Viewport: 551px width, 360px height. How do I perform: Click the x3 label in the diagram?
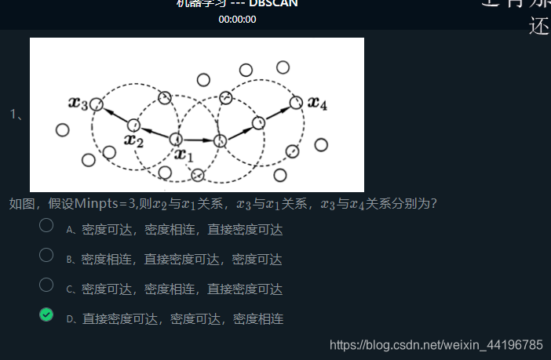click(78, 104)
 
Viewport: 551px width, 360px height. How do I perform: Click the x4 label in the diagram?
click(317, 102)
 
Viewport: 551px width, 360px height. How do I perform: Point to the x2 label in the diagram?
click(133, 141)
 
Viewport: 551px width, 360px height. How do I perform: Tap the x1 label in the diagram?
click(184, 155)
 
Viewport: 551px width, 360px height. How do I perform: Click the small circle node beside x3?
click(96, 104)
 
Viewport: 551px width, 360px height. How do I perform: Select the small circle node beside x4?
click(296, 102)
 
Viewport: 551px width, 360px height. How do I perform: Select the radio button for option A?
click(46, 225)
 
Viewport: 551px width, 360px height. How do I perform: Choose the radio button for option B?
click(46, 255)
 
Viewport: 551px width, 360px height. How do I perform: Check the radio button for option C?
click(46, 285)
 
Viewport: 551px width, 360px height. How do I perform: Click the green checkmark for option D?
click(46, 315)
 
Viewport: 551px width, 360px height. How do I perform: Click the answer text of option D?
click(182, 319)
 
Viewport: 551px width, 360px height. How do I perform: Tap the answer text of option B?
click(181, 260)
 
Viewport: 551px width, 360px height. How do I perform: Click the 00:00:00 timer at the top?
click(237, 19)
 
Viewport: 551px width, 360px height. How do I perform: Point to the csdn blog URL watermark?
click(436, 345)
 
